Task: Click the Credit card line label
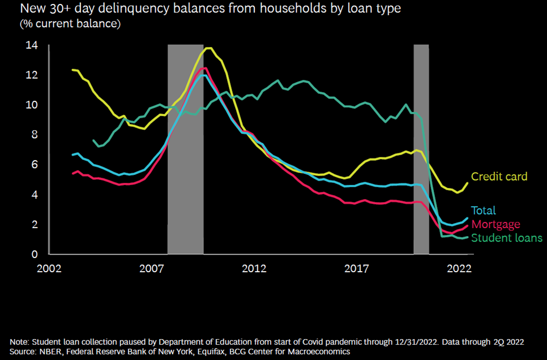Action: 499,177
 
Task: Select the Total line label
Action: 483,211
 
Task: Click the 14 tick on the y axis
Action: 32,46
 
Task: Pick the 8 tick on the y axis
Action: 35,135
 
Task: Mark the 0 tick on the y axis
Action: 35,254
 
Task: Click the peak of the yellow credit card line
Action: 209,48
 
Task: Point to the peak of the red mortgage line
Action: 204,68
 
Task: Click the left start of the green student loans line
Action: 93,140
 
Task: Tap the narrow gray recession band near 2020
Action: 421,150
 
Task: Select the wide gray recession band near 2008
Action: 185,150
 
